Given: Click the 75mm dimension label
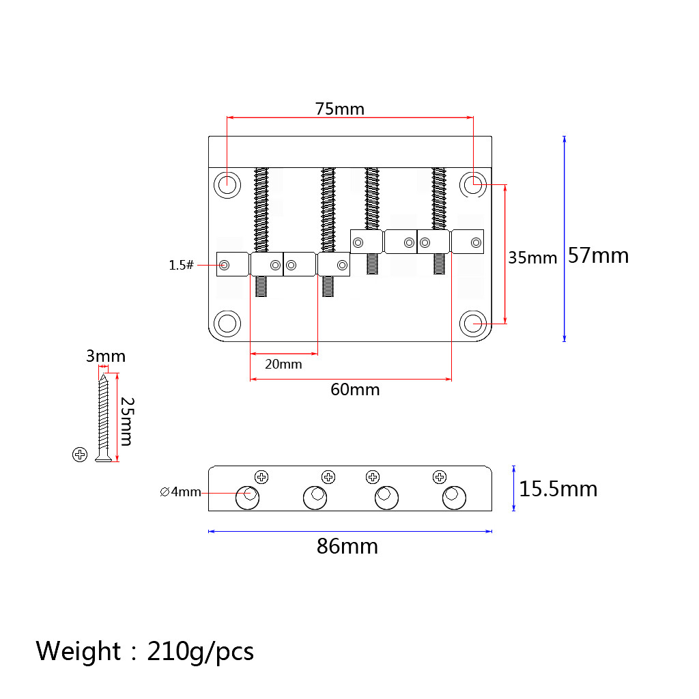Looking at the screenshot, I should (339, 109).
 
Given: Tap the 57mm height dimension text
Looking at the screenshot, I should (598, 255).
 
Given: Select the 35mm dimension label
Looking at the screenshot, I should (532, 257).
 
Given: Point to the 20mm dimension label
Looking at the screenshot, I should (283, 364).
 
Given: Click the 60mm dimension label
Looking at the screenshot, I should (355, 390).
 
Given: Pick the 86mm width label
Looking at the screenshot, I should (347, 547).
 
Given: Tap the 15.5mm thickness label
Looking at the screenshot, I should (558, 489).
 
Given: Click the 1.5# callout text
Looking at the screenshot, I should (182, 265).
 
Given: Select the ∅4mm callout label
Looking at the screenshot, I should (180, 491).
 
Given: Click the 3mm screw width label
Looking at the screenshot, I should (106, 356).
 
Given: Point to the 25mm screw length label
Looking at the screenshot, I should (126, 421).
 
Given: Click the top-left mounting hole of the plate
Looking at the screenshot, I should (227, 184).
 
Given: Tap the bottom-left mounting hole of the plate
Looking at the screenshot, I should (227, 323).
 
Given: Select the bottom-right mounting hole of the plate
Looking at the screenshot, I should (472, 323).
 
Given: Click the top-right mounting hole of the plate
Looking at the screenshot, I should (472, 184).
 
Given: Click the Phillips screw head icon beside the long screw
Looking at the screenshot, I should (80, 455).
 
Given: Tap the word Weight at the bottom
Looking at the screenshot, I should (79, 651).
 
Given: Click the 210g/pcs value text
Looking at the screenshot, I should (201, 652).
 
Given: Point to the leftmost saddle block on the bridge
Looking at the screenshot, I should (232, 264).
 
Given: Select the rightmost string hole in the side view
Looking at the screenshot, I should (454, 497).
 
